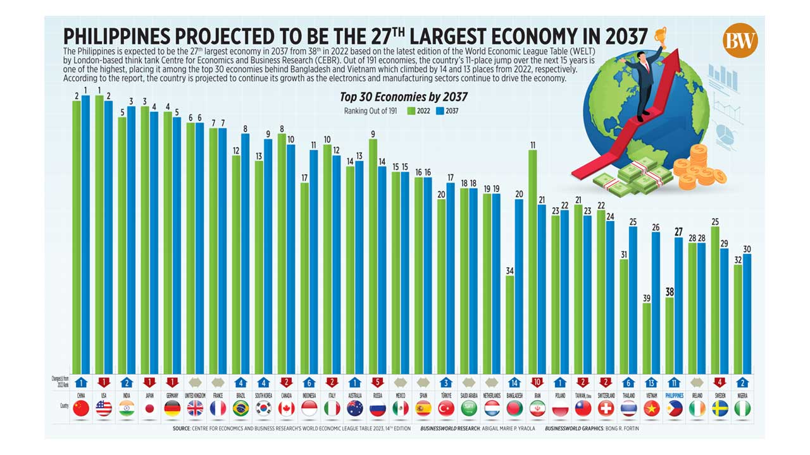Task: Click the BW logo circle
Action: [x=740, y=40]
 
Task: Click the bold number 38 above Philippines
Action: [x=669, y=292]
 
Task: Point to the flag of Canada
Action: [x=286, y=409]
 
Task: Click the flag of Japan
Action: [x=149, y=409]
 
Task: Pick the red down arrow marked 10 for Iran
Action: [x=537, y=382]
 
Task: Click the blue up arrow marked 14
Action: [x=514, y=382]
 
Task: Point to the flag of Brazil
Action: [x=240, y=409]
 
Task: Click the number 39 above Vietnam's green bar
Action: [x=646, y=298]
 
